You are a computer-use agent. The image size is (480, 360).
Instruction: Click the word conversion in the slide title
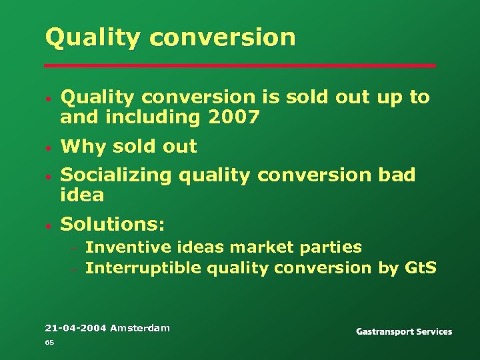[223, 37]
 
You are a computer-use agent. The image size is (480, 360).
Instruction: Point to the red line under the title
[240, 65]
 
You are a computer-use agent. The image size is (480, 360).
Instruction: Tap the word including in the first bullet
[133, 118]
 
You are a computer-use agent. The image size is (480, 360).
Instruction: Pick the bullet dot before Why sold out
[49, 147]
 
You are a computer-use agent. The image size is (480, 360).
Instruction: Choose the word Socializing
[116, 175]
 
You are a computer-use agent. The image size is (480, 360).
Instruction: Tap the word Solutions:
[112, 223]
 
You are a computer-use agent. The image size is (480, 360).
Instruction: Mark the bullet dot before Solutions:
[49, 224]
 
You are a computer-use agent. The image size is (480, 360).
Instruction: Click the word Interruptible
[144, 268]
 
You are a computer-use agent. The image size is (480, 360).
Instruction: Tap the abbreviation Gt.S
[420, 268]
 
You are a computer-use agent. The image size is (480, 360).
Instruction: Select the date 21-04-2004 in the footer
[75, 327]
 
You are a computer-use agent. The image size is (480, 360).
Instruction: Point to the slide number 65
[49, 342]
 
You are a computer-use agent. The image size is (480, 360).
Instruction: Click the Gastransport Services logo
[404, 331]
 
